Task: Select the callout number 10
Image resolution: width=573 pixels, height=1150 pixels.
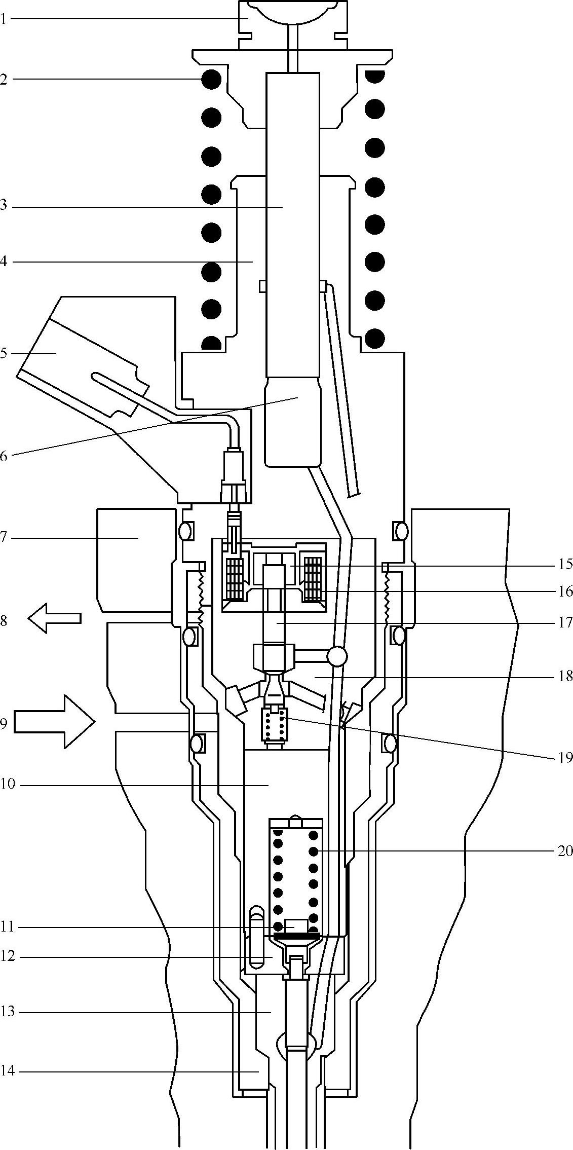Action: coord(8,786)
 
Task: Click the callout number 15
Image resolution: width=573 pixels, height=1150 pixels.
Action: coord(565,564)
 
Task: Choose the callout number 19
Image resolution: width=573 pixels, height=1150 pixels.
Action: coord(565,758)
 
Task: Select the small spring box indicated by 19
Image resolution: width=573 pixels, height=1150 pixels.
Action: coord(274,728)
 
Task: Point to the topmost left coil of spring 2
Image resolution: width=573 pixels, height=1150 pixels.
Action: coord(211,79)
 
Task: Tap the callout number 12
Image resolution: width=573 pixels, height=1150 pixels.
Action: coord(8,956)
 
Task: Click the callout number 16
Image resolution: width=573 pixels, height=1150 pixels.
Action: coord(565,591)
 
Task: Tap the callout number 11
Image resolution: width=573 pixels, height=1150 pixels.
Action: coord(8,928)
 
